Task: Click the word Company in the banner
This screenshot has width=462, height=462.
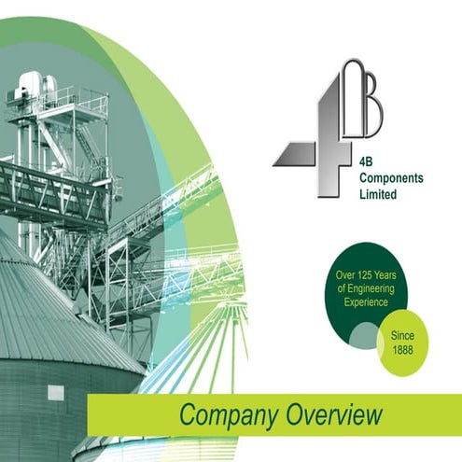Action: pos(229,415)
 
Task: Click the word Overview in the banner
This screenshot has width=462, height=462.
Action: pos(334,413)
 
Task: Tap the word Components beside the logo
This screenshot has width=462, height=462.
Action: pos(391,178)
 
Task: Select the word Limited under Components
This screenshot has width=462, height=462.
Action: pos(378,194)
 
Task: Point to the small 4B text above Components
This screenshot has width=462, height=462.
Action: pos(366,161)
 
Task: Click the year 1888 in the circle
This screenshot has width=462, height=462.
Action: pos(402,350)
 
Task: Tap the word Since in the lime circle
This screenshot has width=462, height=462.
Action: pos(402,335)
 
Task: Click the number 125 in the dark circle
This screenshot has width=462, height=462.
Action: pos(362,275)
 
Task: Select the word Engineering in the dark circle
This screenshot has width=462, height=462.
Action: pos(371,289)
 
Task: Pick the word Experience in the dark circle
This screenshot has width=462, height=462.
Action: pos(366,302)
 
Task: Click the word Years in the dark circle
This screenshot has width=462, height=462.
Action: pos(385,275)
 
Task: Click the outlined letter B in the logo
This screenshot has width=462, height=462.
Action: pos(362,98)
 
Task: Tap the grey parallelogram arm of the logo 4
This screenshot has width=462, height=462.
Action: pos(294,154)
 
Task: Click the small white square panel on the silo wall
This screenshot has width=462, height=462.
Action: pos(56,393)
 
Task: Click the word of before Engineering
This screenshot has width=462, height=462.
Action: pos(342,288)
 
